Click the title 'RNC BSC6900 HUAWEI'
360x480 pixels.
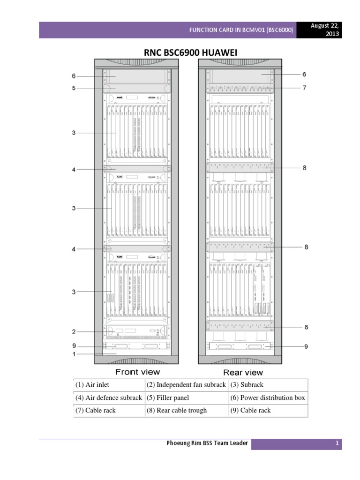(190, 53)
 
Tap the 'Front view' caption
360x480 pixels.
(137, 372)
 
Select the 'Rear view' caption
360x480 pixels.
(243, 373)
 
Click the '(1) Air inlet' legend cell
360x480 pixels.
(92, 385)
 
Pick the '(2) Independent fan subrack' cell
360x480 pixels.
(186, 385)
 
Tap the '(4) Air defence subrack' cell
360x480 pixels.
(108, 398)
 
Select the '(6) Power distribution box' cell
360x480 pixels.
(268, 398)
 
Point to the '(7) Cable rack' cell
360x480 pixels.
(95, 411)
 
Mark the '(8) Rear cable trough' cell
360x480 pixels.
(176, 411)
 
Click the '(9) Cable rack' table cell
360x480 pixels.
(250, 411)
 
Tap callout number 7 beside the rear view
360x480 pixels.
(304, 87)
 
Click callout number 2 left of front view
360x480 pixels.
(74, 332)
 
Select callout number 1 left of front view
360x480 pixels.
(74, 354)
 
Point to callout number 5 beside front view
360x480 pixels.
(74, 88)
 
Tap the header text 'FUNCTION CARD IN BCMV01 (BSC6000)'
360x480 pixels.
(241, 30)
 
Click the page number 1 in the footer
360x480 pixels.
(337, 444)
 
